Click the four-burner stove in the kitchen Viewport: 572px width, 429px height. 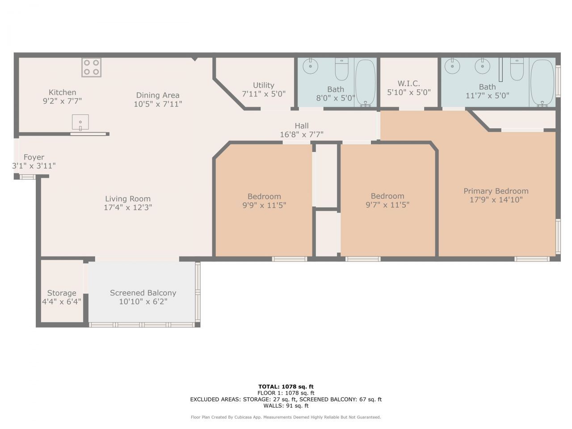(91, 67)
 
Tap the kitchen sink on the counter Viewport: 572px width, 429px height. (80, 122)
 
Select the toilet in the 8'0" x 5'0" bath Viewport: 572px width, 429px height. (341, 69)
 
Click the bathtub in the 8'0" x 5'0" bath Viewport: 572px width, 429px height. (366, 83)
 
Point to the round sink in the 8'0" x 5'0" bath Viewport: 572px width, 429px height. (310, 66)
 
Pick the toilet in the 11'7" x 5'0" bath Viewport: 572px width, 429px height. (517, 69)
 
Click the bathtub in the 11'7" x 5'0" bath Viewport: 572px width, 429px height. (542, 83)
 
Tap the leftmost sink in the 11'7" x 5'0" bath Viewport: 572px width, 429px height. (452, 66)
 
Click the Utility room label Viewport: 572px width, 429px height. (264, 85)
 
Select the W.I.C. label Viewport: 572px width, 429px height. (408, 84)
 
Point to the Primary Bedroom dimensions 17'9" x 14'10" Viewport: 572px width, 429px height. (496, 200)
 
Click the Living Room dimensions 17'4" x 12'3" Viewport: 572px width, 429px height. (128, 207)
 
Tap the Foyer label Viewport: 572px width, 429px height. (34, 157)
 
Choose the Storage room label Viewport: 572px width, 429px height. (62, 293)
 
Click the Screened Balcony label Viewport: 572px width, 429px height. (143, 293)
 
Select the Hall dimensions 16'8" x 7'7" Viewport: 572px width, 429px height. (302, 134)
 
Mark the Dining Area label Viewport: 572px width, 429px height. (158, 95)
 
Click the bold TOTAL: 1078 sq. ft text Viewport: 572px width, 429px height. (286, 387)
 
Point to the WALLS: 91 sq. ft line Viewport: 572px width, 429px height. (286, 406)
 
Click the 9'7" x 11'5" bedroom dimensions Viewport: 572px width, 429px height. (387, 205)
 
